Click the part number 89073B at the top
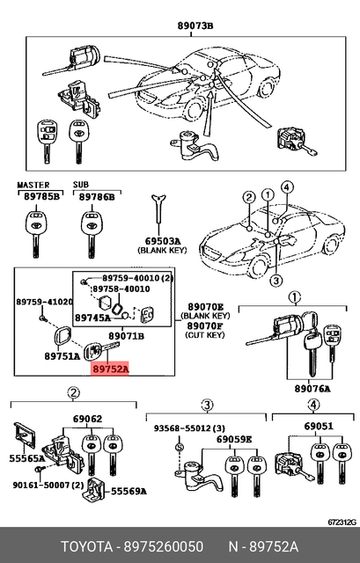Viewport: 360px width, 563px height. point(195,26)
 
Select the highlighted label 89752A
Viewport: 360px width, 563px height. point(110,369)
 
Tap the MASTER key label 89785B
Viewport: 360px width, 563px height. point(41,196)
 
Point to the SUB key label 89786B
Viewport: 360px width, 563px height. point(97,196)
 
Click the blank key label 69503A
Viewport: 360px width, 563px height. point(162,241)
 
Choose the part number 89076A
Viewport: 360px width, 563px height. point(312,389)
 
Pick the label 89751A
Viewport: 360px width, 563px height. point(62,355)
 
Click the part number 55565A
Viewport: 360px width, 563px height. point(27,458)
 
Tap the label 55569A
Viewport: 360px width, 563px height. point(129,491)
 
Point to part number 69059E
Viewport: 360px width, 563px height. point(234,439)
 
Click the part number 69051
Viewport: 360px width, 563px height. point(319,426)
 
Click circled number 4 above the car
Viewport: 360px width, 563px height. point(287,187)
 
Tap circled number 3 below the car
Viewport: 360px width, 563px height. point(276,281)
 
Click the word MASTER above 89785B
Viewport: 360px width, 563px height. point(33,185)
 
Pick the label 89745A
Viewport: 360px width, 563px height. point(92,318)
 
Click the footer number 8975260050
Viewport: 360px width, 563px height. point(164,547)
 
